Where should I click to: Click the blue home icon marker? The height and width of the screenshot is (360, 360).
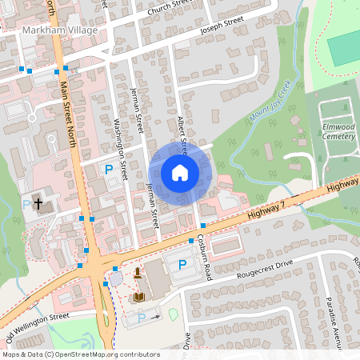point(180,172)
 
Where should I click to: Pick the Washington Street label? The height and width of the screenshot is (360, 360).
point(122,149)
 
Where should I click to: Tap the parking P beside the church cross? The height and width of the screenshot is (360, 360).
point(26,205)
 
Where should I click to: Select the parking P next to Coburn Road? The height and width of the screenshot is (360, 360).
point(182,264)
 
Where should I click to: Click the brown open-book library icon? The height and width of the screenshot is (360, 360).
point(141,297)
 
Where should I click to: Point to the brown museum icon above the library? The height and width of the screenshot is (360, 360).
point(138,273)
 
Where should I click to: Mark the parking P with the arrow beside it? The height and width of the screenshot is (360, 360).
point(142,318)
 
